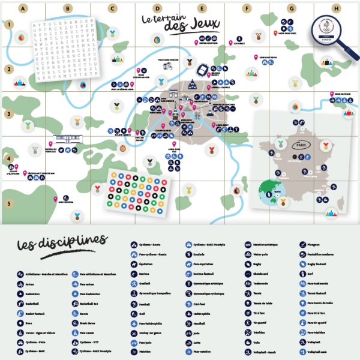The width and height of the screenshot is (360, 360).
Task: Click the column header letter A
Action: point(23,8)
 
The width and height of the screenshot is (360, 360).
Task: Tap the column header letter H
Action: point(336,8)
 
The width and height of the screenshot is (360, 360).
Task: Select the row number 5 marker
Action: point(9,203)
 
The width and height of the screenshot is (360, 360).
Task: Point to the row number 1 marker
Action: point(9,25)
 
